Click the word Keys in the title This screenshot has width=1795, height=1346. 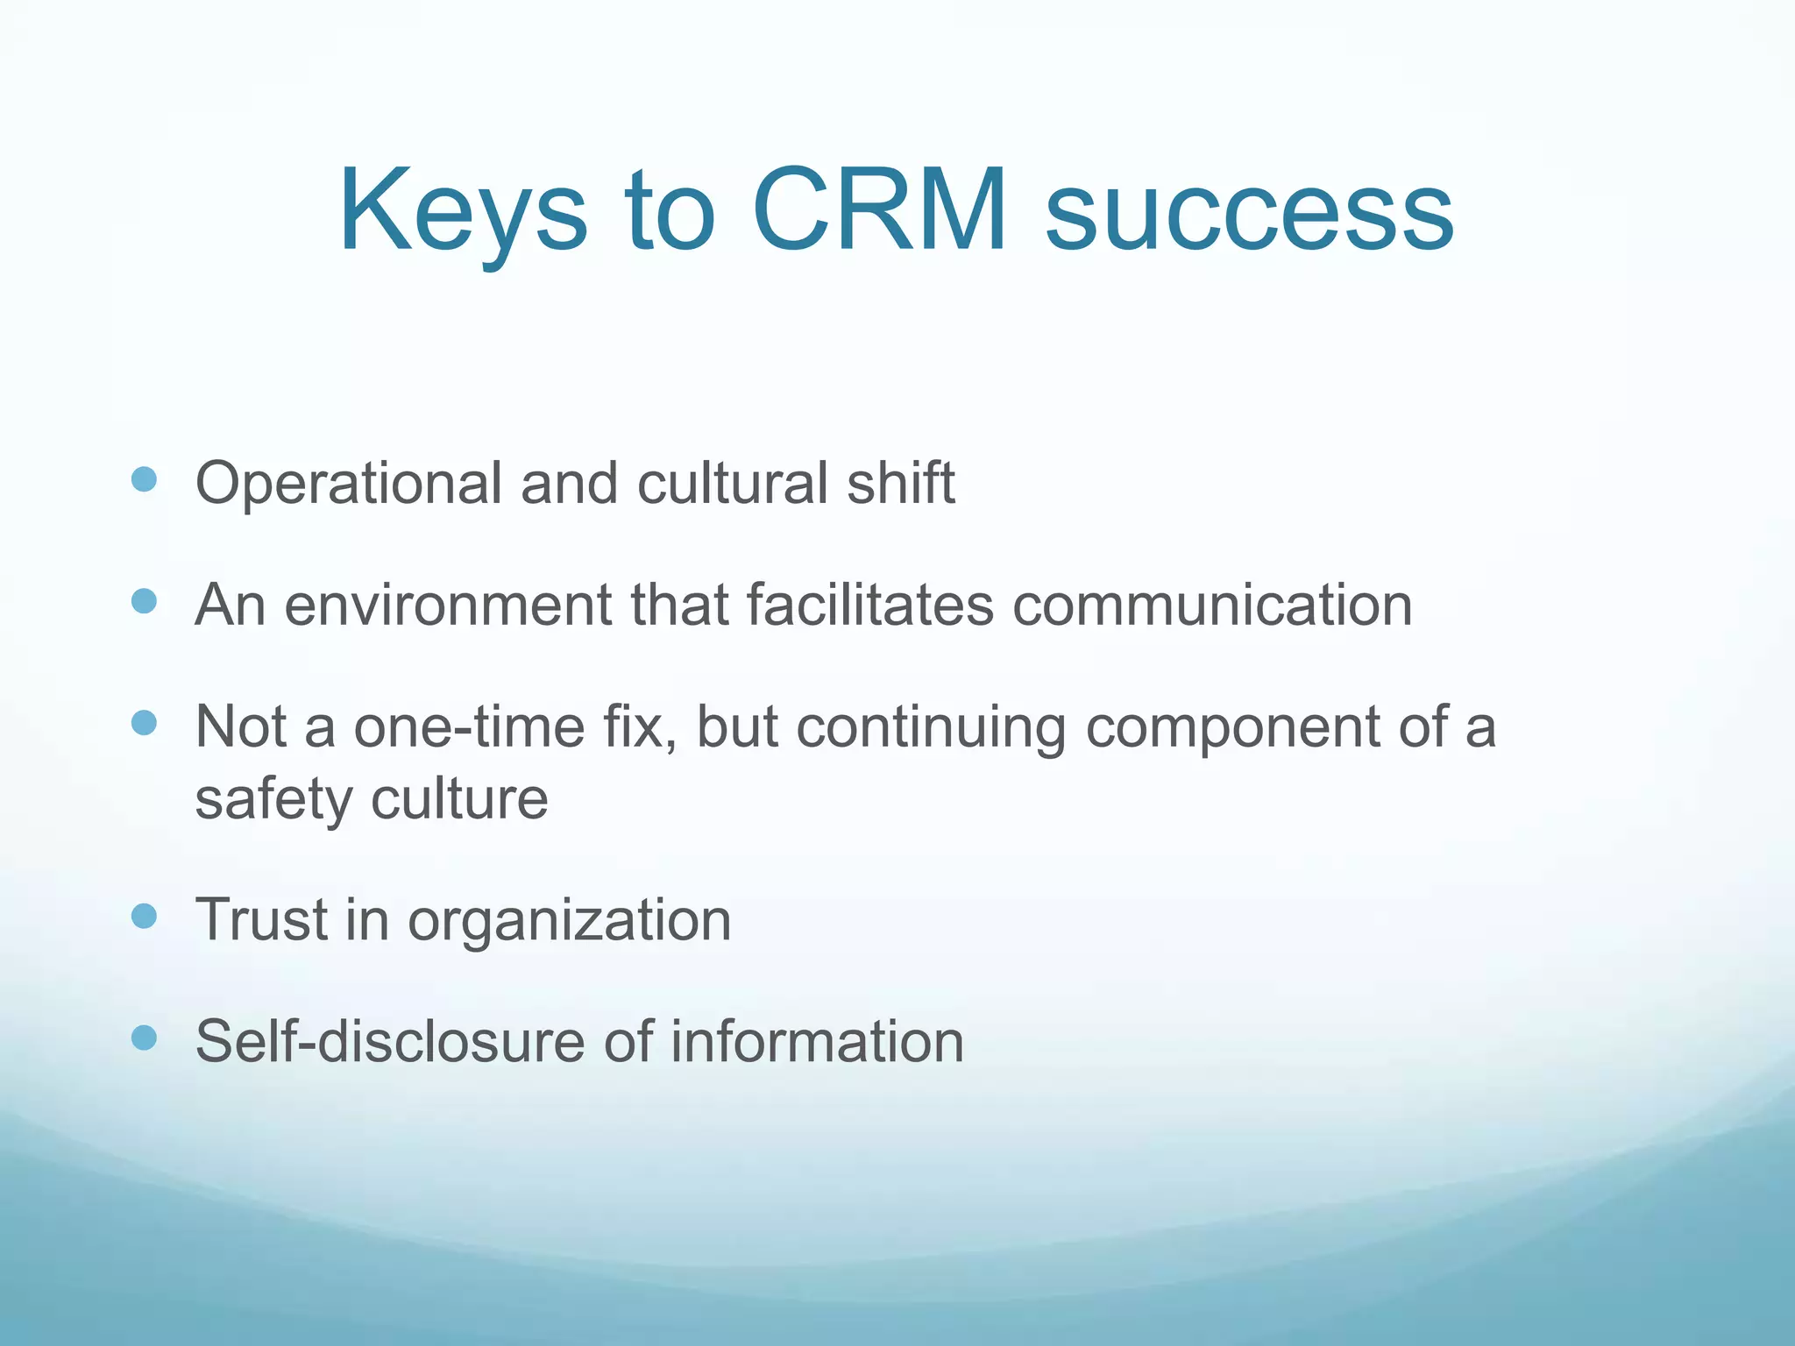[462, 213]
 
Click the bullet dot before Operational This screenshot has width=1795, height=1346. [144, 479]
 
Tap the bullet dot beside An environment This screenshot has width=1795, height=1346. [144, 601]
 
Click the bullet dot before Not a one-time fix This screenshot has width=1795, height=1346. [144, 723]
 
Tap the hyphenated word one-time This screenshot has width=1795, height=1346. [470, 727]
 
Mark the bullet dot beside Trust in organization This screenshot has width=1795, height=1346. [144, 917]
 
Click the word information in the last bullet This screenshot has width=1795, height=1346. [817, 1042]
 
